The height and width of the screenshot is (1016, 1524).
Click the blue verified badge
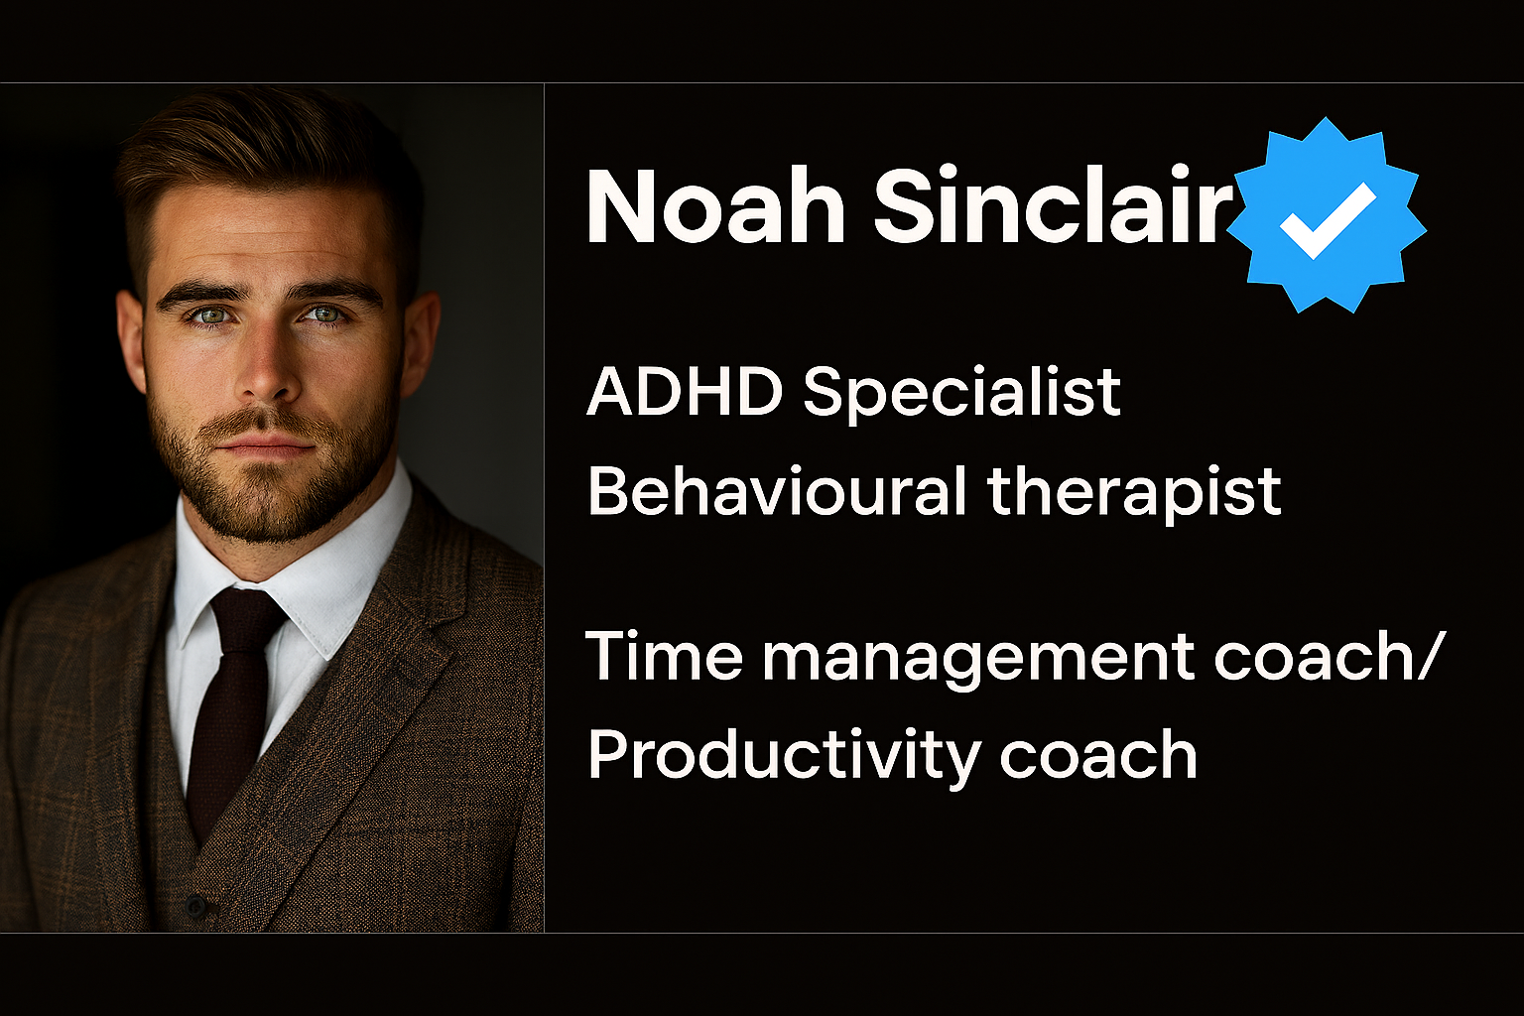click(1327, 215)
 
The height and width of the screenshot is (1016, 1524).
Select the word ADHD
click(684, 393)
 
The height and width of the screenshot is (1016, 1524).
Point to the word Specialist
click(961, 397)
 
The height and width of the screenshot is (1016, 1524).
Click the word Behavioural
click(776, 489)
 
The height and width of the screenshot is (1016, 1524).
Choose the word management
click(977, 660)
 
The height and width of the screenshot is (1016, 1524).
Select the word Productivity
click(783, 755)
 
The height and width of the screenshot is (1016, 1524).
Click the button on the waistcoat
click(195, 906)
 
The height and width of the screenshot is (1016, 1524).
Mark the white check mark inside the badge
click(1328, 220)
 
